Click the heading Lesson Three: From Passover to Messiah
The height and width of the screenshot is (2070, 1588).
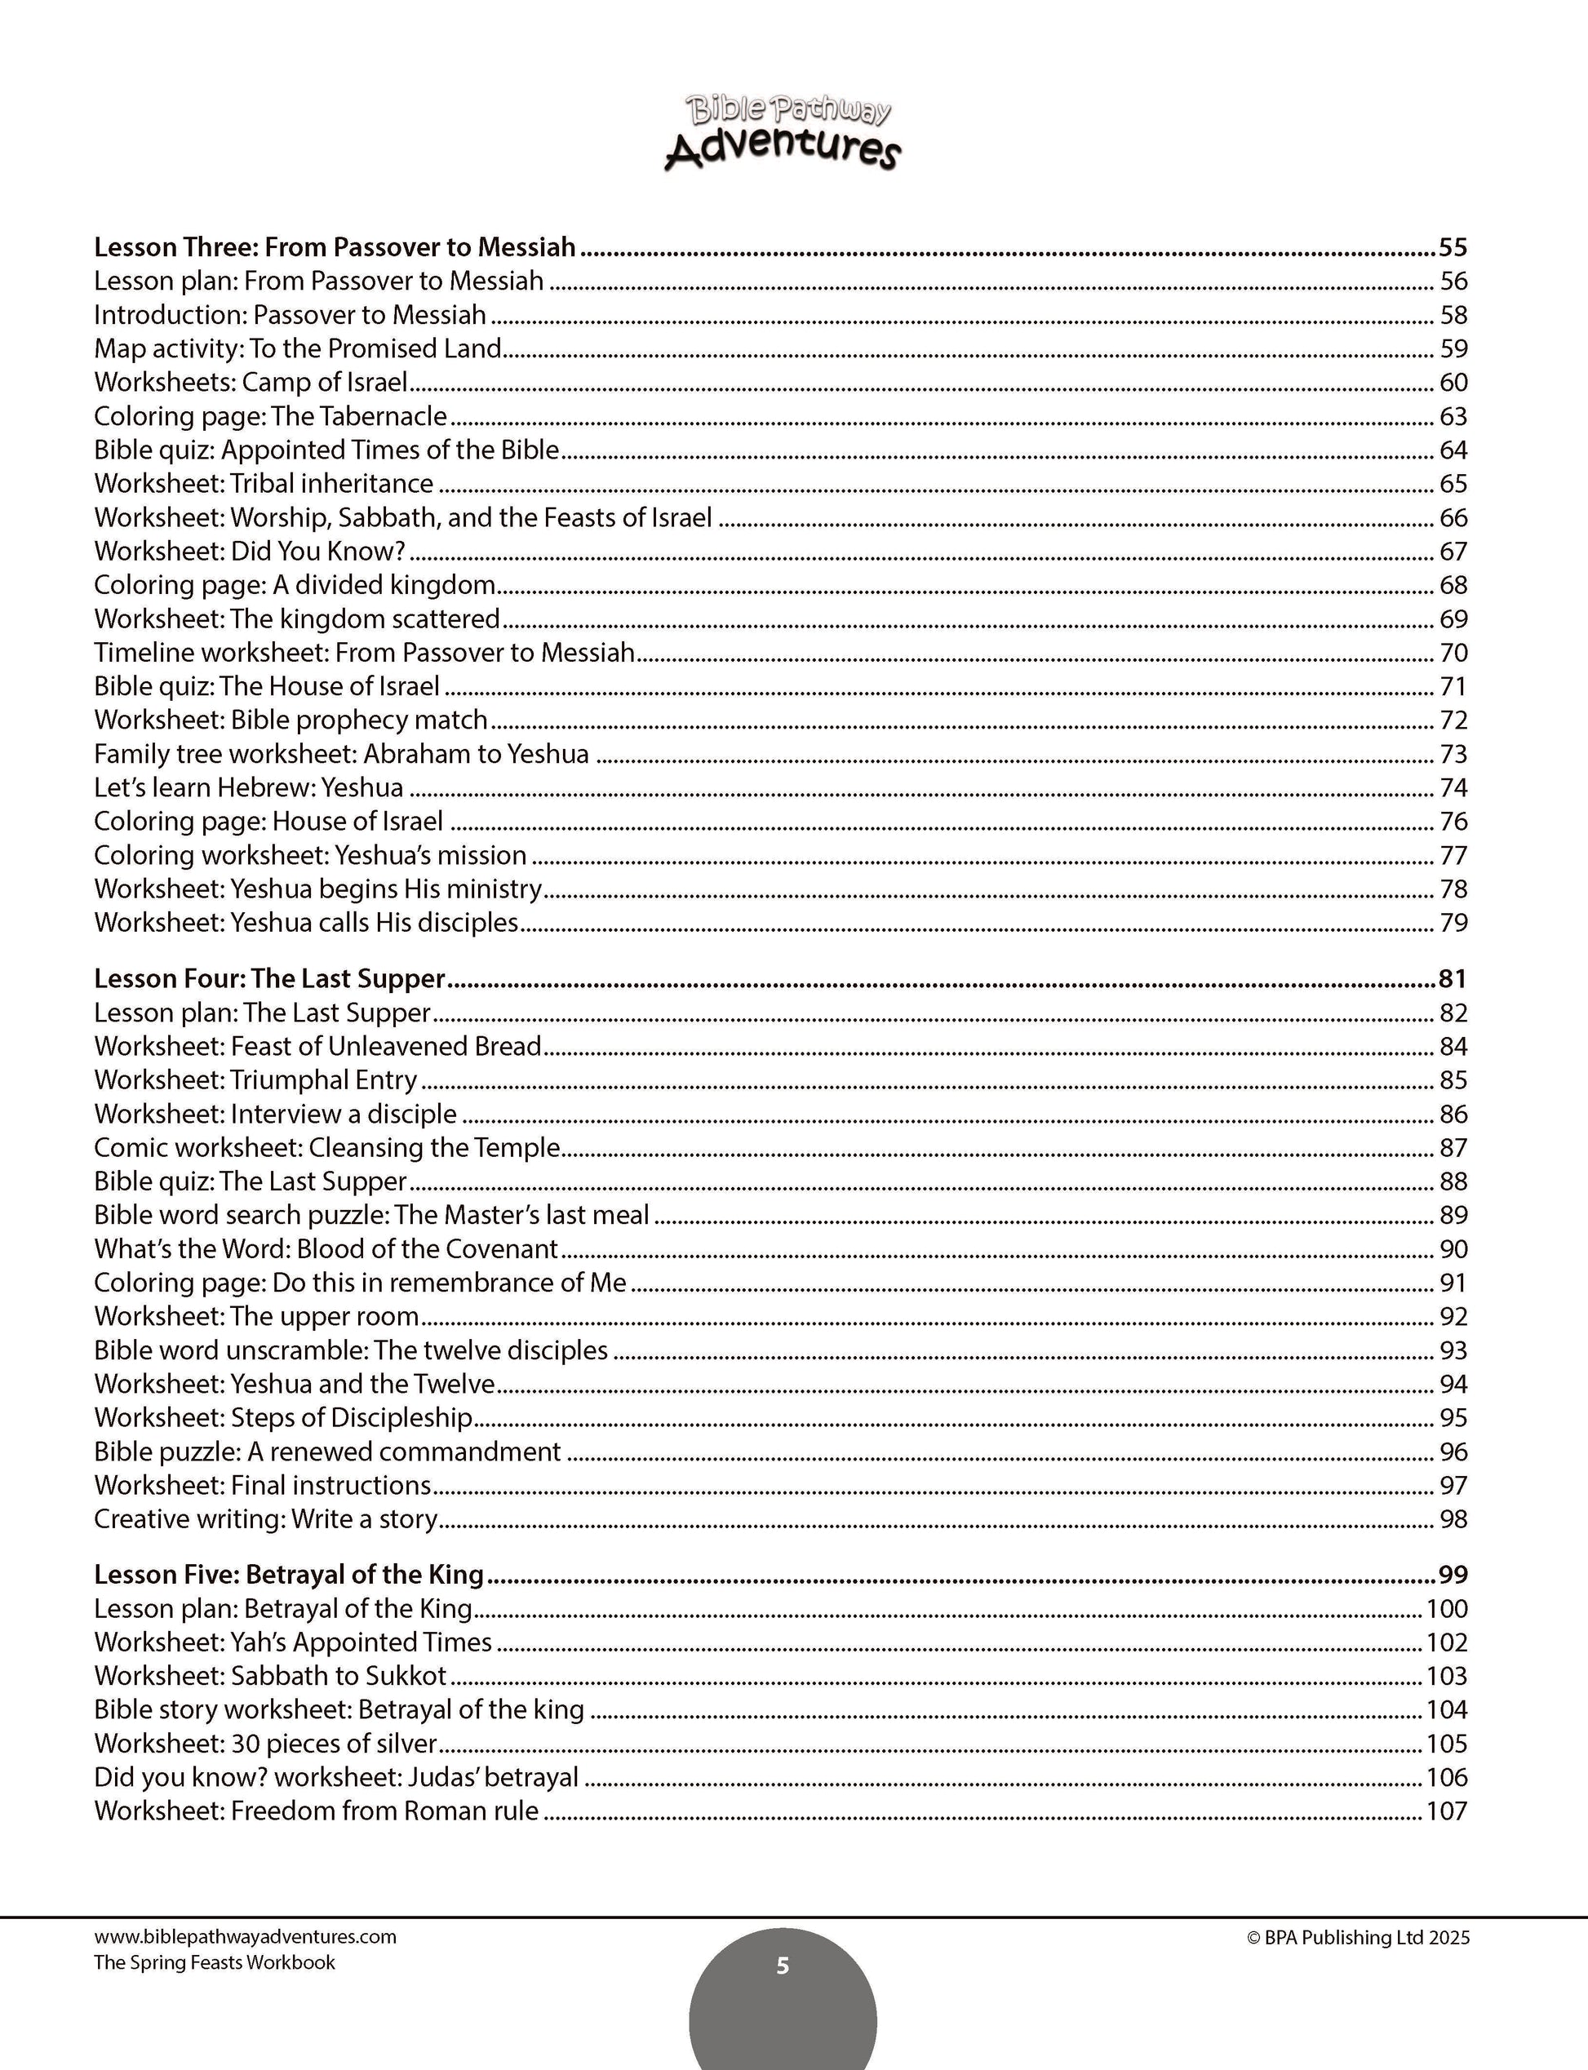pos(335,248)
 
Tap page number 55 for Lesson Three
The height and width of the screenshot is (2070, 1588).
pos(1452,248)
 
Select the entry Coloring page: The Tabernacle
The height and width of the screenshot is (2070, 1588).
pos(270,416)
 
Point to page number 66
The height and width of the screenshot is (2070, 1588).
pos(1453,518)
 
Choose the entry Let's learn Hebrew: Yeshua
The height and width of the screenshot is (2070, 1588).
pos(249,787)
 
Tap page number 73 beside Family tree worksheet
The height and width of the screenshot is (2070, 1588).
pos(1453,754)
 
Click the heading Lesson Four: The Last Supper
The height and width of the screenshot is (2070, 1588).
pos(269,979)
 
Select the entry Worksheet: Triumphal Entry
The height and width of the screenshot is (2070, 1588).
pos(255,1080)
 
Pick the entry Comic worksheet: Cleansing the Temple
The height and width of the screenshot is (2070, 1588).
pos(327,1147)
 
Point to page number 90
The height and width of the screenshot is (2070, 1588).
pos(1453,1249)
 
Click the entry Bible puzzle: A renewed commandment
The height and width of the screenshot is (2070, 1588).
pos(327,1452)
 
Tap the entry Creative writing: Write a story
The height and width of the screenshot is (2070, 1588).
pos(265,1519)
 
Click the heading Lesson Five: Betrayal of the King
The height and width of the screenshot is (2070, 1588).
pos(288,1575)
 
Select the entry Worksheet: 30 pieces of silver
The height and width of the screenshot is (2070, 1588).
pos(265,1744)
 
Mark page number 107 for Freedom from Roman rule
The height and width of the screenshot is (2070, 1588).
pos(1446,1811)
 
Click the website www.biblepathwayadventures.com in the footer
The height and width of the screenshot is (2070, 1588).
pos(245,1937)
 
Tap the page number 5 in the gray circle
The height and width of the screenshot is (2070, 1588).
pos(782,1966)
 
